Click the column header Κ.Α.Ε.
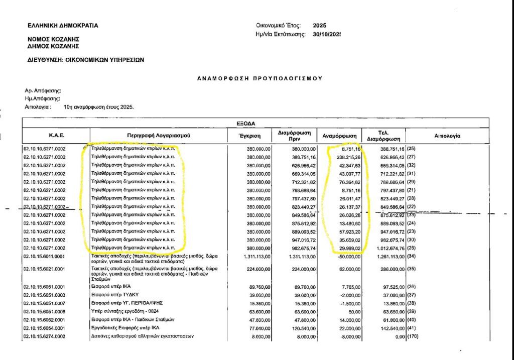(x=56, y=135)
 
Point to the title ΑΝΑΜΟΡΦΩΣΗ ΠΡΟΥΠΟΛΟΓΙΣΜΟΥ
(x=259, y=78)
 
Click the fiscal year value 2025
(x=319, y=25)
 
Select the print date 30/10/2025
(x=326, y=34)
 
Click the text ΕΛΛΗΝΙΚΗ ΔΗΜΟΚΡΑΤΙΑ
(x=63, y=25)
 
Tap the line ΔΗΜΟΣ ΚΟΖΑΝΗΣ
(x=54, y=46)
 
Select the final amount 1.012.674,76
(x=387, y=248)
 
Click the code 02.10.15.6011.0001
(x=45, y=257)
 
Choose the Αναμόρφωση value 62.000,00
(x=347, y=270)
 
